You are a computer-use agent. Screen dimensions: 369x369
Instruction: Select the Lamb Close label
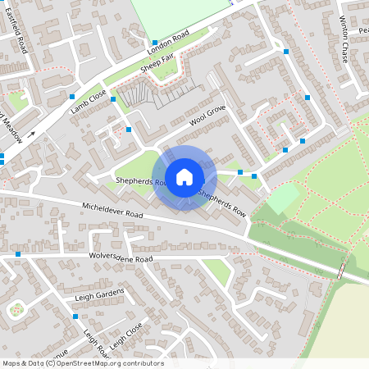[x=89, y=102]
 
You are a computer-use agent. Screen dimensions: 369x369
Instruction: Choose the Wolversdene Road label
[x=121, y=259]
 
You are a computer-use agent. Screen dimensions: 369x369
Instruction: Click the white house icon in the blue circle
[x=184, y=176]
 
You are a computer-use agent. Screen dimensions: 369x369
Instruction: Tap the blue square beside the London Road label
[x=154, y=43]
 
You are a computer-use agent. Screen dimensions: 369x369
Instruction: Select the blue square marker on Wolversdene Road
[x=18, y=255]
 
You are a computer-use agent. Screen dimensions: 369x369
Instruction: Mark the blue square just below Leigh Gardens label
[x=75, y=316]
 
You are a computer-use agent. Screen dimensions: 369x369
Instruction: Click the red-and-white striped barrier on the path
[x=340, y=271]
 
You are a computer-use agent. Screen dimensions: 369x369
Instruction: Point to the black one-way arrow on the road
[x=31, y=133]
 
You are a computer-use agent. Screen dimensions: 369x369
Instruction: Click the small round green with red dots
[x=16, y=310]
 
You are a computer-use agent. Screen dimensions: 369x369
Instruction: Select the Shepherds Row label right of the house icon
[x=221, y=203]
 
